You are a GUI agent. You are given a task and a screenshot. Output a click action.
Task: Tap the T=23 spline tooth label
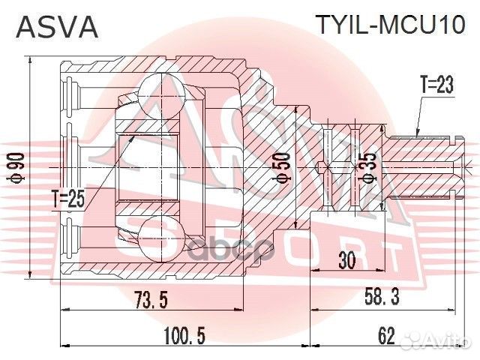click(x=436, y=86)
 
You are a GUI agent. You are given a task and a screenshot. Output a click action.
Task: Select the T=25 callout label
click(x=70, y=198)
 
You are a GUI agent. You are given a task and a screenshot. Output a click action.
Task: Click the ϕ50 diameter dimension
click(x=281, y=166)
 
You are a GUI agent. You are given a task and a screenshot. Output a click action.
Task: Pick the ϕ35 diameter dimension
click(x=367, y=167)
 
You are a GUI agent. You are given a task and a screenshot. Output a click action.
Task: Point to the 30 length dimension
click(x=346, y=261)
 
